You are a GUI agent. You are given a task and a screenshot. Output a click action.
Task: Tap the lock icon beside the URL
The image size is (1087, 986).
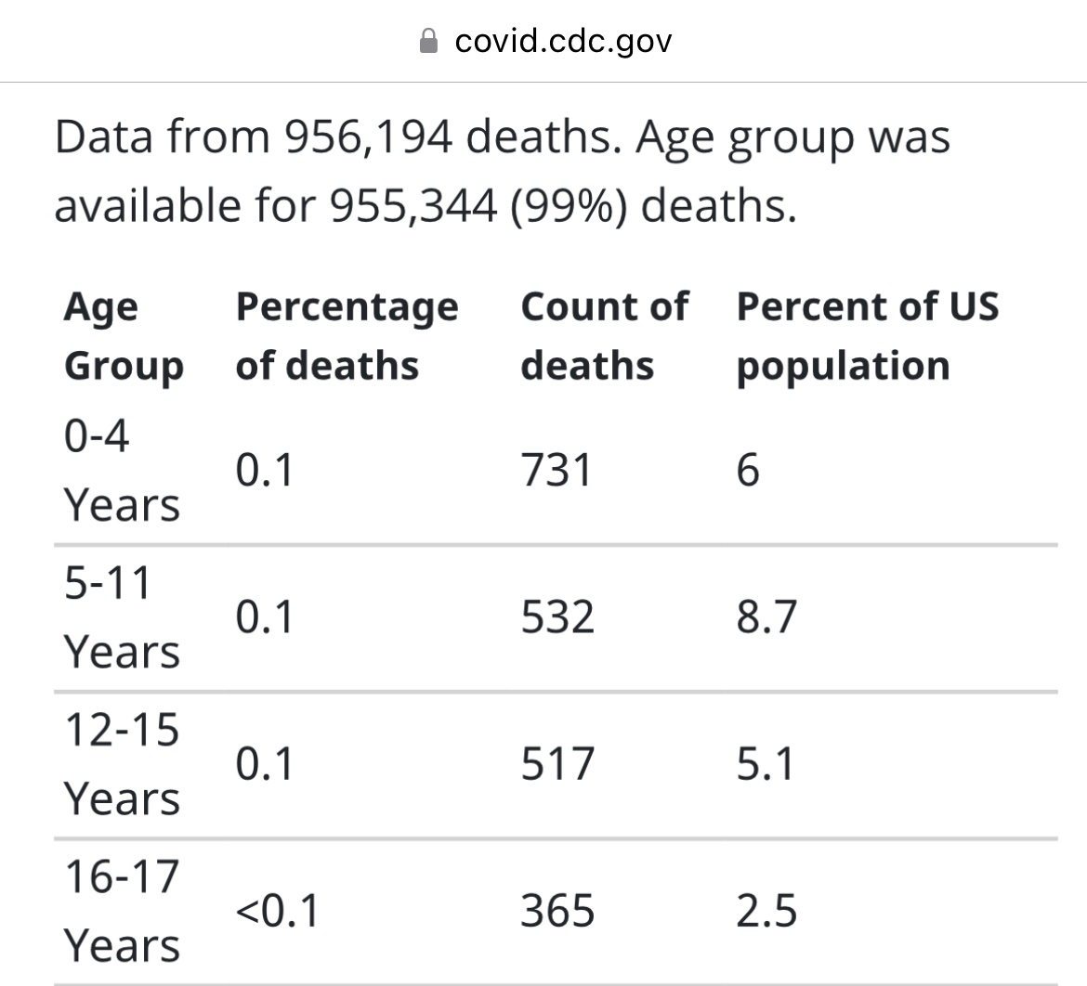(428, 42)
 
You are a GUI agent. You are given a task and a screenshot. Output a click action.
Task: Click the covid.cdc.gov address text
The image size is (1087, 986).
(563, 42)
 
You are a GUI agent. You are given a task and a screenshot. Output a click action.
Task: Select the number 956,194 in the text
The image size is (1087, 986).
(369, 137)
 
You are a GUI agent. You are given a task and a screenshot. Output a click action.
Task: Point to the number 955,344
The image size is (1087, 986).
(413, 205)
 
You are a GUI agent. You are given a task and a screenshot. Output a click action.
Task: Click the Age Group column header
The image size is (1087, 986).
(123, 336)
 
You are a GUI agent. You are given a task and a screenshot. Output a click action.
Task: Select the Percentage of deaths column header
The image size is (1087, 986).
(347, 336)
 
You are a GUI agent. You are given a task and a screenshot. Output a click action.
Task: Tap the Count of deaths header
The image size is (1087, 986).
(604, 336)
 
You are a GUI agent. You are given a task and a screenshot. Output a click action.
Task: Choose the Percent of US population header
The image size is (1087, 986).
(867, 336)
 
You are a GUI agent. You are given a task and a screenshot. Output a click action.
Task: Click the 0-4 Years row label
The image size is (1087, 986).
(121, 471)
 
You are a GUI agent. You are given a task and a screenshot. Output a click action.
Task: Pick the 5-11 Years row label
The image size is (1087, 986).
(121, 617)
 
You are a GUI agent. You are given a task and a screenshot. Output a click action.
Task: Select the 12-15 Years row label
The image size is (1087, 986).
(121, 764)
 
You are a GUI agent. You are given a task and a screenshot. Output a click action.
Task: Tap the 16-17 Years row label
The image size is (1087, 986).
(121, 911)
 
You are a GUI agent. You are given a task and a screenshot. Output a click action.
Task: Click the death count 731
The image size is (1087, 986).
(556, 471)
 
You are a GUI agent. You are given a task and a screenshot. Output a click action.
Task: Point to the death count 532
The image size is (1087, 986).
(557, 617)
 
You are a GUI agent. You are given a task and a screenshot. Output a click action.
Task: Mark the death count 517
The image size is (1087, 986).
(557, 764)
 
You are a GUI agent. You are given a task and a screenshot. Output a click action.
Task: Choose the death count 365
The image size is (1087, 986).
(557, 911)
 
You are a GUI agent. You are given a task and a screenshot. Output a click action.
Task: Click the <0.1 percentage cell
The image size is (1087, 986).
(277, 911)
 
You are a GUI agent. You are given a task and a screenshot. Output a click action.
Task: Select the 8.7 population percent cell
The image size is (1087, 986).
(766, 617)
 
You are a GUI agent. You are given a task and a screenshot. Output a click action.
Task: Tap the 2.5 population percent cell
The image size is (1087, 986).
(766, 911)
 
